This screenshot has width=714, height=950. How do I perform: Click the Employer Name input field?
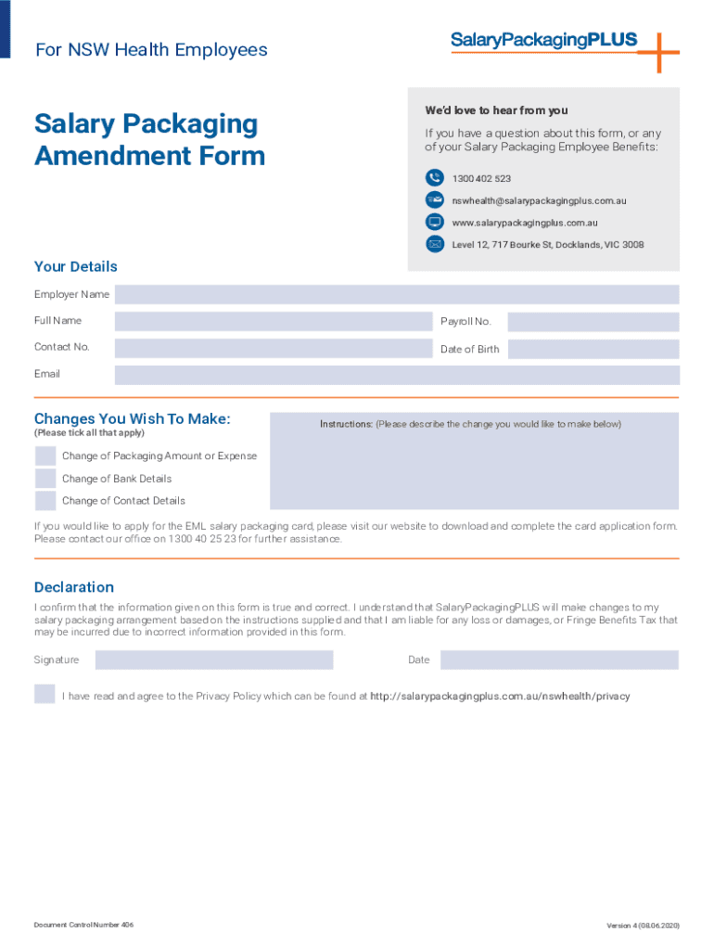(x=397, y=294)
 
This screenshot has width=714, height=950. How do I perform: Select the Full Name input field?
(x=274, y=322)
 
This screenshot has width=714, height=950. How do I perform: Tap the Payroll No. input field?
(x=593, y=322)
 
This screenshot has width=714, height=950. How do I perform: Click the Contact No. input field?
(x=274, y=348)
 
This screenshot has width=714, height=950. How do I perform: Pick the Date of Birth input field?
(x=593, y=350)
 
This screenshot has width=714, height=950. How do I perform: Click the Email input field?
(x=397, y=375)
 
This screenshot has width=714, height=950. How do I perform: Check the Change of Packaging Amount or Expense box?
(x=45, y=456)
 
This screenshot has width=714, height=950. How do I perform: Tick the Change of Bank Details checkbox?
(x=45, y=479)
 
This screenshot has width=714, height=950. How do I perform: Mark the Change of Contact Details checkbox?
(x=45, y=501)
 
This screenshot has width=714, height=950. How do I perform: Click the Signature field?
(x=213, y=660)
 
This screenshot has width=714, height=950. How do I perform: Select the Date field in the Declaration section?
(x=559, y=660)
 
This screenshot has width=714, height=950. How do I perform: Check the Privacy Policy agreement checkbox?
(x=45, y=694)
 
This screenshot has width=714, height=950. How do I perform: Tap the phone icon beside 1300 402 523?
(x=435, y=178)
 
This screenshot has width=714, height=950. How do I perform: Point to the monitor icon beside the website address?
(x=435, y=223)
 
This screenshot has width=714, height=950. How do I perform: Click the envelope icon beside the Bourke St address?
(x=435, y=245)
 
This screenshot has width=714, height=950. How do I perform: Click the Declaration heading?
(x=74, y=587)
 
